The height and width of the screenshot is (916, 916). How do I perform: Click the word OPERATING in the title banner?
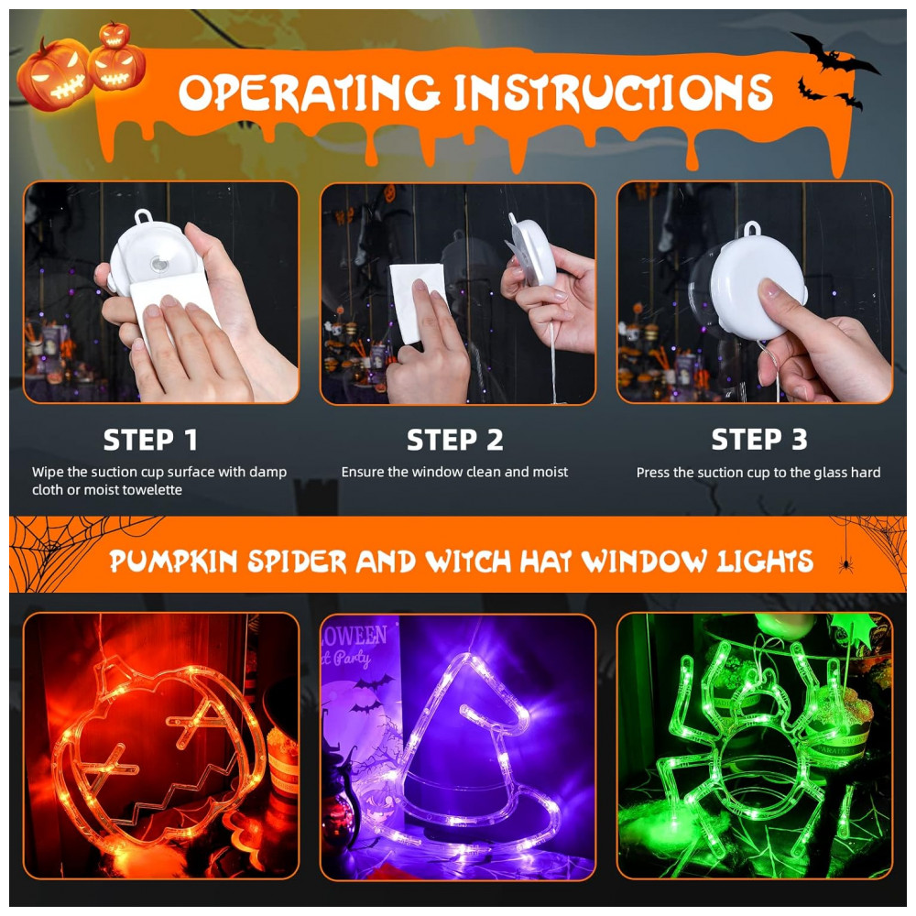[310, 93]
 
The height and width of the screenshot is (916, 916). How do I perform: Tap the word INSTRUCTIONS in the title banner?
[614, 93]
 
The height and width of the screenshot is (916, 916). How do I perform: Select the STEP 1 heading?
[150, 440]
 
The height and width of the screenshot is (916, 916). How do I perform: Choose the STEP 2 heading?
[454, 440]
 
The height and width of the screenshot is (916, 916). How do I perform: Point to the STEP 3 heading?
[758, 440]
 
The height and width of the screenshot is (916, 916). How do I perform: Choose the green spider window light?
[759, 754]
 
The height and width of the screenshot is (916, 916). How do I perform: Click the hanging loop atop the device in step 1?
[144, 217]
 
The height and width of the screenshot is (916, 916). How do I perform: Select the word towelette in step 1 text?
[152, 489]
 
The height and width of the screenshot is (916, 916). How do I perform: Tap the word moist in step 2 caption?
[549, 472]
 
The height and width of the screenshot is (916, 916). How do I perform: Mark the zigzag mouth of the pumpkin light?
[175, 798]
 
